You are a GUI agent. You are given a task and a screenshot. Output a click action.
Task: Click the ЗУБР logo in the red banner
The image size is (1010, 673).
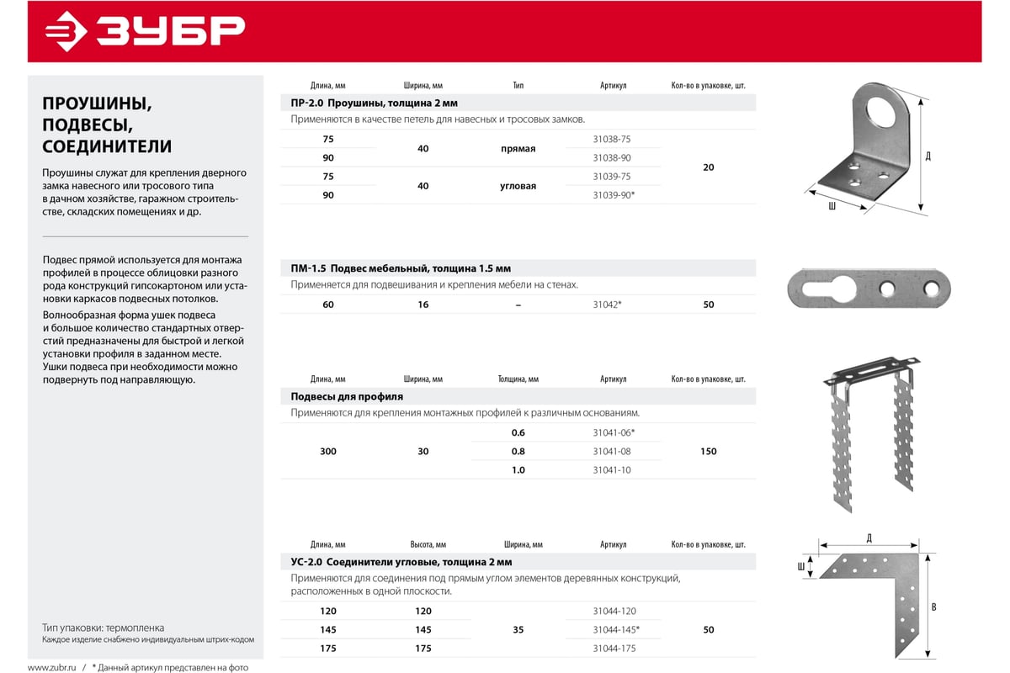(144, 31)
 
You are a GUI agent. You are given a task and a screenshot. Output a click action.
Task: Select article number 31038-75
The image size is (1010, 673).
(611, 139)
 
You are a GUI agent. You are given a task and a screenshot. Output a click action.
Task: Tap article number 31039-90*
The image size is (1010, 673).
(614, 195)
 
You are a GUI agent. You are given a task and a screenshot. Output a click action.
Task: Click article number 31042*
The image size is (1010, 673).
(607, 305)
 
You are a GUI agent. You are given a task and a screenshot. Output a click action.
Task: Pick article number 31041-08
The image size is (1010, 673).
(611, 452)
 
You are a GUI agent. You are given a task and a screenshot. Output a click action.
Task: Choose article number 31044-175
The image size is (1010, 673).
(614, 649)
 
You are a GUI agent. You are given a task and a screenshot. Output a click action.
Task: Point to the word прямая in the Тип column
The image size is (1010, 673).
(518, 149)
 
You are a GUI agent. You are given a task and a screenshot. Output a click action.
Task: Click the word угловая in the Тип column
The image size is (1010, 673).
(518, 186)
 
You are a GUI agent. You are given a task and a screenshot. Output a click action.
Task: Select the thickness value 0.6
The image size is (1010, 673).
(518, 433)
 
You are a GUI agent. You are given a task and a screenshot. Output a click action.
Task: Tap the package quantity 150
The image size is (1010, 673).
(708, 452)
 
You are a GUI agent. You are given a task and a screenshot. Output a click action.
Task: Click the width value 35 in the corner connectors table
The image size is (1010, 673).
(518, 630)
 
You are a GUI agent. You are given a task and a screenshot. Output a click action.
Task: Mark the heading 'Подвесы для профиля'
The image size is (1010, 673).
(347, 396)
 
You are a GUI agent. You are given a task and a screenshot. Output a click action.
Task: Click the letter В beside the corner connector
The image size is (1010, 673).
(934, 607)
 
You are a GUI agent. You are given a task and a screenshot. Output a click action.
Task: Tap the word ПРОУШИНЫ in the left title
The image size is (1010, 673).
(96, 103)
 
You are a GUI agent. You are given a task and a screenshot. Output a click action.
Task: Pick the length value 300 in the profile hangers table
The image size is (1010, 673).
(328, 452)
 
